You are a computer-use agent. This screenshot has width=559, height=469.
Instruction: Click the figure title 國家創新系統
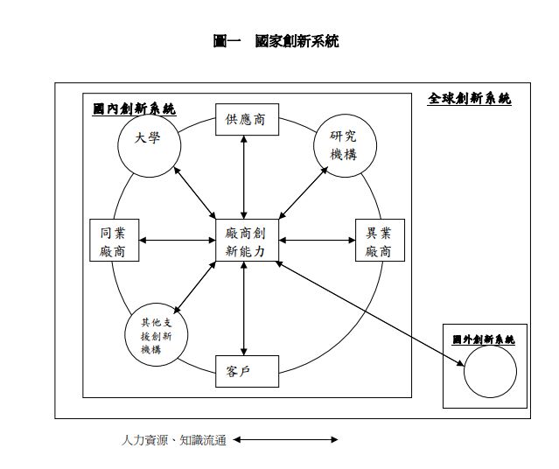(276, 40)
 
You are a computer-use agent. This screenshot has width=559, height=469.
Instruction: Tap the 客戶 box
(246, 371)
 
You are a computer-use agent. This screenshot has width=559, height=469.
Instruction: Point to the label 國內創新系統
(134, 109)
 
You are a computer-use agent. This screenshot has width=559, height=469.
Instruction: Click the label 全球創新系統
(469, 99)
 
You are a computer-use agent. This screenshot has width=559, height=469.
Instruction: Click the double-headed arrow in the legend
(285, 439)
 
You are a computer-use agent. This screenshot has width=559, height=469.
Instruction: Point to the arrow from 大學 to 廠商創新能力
(195, 192)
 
